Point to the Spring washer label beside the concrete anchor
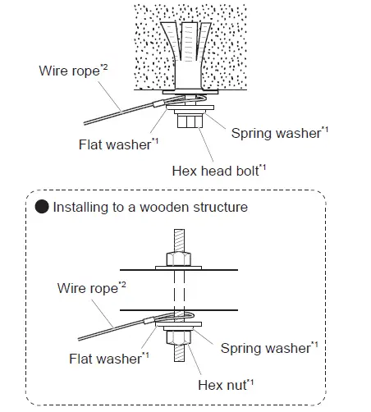pos(275,131)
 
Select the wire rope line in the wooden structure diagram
pos(115,327)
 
